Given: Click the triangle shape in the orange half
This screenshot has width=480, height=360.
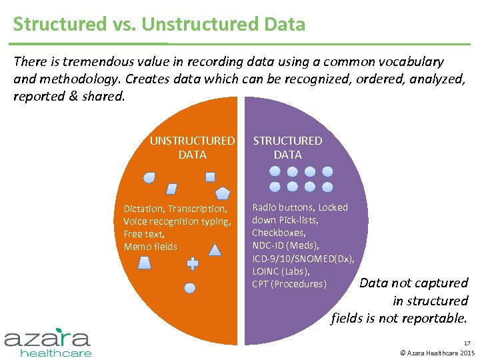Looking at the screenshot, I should (x=215, y=250).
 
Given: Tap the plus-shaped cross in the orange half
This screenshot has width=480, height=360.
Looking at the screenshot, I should (x=193, y=263).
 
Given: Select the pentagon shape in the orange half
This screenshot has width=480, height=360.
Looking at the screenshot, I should (x=223, y=193).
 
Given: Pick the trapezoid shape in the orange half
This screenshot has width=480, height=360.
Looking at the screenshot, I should (x=145, y=262).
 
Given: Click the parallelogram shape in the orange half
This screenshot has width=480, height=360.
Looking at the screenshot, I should (x=171, y=189).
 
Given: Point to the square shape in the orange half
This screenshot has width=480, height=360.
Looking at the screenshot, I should (x=210, y=177).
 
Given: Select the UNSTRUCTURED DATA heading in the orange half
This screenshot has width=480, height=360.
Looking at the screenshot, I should (x=192, y=147).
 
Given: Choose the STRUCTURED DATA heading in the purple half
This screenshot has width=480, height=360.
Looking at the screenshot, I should (x=287, y=147).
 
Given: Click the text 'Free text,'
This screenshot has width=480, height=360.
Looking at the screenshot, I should (x=144, y=234).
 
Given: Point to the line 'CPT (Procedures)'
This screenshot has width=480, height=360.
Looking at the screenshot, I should (x=289, y=284).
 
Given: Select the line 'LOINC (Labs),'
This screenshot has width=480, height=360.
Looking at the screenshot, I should (x=281, y=271).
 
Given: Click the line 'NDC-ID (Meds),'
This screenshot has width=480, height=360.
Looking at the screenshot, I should (x=285, y=245).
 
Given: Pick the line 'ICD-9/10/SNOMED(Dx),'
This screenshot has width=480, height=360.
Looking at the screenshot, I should (x=303, y=259).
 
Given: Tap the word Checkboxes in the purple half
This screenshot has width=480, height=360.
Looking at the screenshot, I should (x=279, y=233).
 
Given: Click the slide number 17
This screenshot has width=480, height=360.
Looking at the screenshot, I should (x=466, y=343).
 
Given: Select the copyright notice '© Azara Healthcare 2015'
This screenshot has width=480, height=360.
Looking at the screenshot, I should (x=436, y=353).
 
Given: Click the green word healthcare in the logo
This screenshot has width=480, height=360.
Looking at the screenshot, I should (x=56, y=352).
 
